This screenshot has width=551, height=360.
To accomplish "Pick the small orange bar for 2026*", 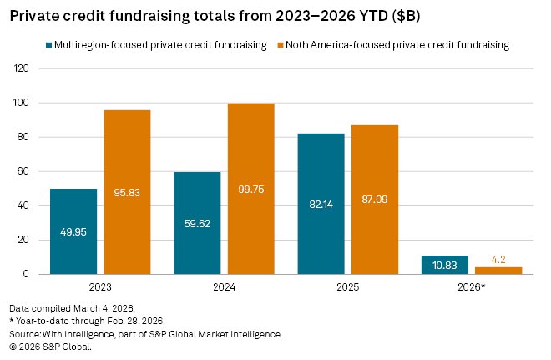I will pyautogui.click(x=498, y=270).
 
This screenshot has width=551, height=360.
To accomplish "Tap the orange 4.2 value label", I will pyautogui.click(x=498, y=260).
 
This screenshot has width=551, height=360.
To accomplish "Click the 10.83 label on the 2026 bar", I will pyautogui.click(x=445, y=265).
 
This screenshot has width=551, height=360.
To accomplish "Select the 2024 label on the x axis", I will pyautogui.click(x=224, y=287).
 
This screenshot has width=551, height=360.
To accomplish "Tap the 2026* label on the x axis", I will pyautogui.click(x=472, y=287).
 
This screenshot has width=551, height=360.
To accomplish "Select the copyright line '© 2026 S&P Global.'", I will pyautogui.click(x=49, y=346).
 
